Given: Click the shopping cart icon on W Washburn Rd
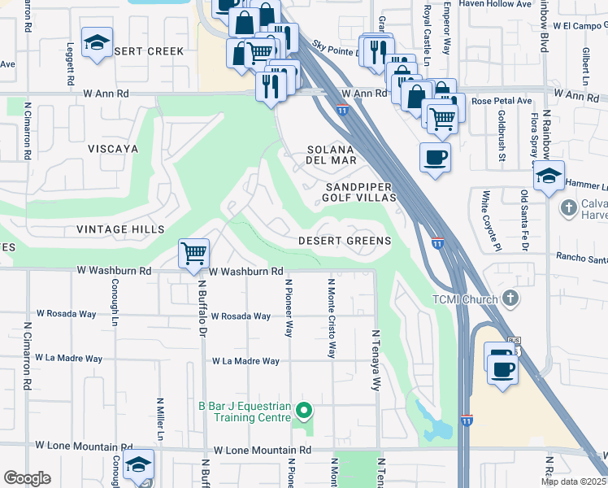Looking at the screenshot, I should click(193, 253).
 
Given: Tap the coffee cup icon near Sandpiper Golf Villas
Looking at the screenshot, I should click(436, 156).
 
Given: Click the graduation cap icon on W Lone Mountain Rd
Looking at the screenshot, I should click(138, 464).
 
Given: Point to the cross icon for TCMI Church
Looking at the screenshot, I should click(510, 298).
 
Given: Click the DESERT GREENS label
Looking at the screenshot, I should click(345, 242).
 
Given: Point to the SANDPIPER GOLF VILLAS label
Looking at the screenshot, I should click(359, 192).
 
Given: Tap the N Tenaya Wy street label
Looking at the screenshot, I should click(376, 359).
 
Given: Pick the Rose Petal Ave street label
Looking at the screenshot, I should click(502, 102).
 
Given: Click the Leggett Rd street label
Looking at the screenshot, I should click(71, 64).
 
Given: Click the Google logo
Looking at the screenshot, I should click(27, 478).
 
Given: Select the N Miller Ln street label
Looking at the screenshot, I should click(160, 420).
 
